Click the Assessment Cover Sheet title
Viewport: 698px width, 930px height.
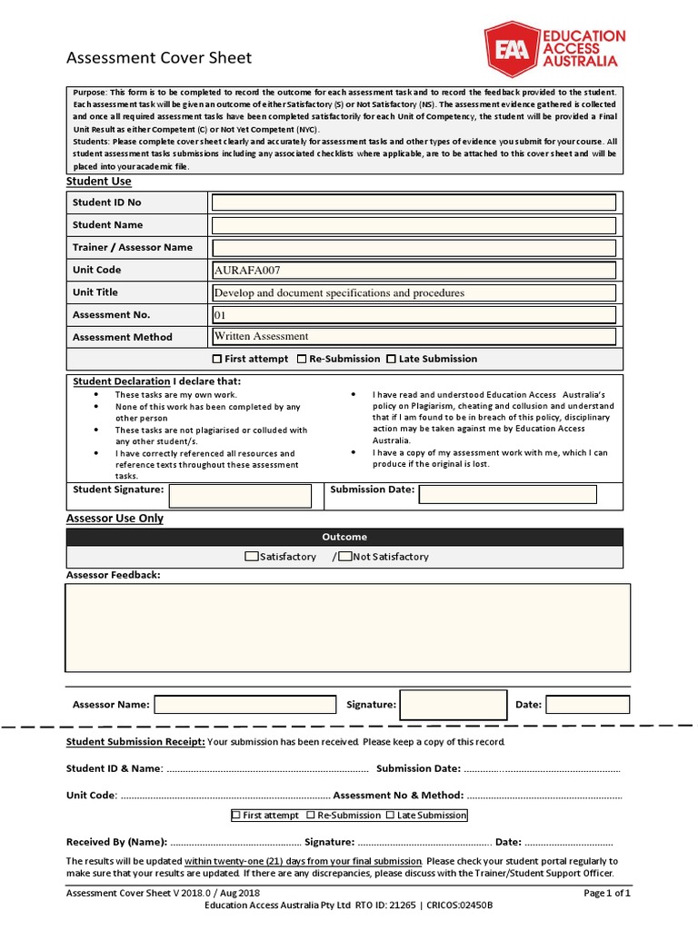tap(159, 58)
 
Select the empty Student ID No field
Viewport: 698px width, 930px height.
tap(414, 202)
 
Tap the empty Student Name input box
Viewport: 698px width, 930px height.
tap(414, 224)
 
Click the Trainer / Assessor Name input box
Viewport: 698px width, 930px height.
tap(414, 247)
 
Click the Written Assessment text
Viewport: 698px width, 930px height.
tap(261, 336)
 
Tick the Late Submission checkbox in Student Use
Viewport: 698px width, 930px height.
tap(392, 359)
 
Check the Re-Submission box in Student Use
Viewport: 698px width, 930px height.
tap(302, 359)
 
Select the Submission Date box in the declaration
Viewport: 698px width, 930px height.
tap(507, 494)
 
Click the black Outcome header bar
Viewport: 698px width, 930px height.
tap(344, 537)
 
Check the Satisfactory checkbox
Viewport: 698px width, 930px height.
tap(252, 557)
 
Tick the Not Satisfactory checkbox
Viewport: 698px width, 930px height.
tap(344, 557)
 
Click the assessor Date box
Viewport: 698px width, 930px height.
tap(587, 704)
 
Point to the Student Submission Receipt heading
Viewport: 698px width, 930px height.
tap(135, 742)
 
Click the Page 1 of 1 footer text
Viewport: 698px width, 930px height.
tap(606, 893)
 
